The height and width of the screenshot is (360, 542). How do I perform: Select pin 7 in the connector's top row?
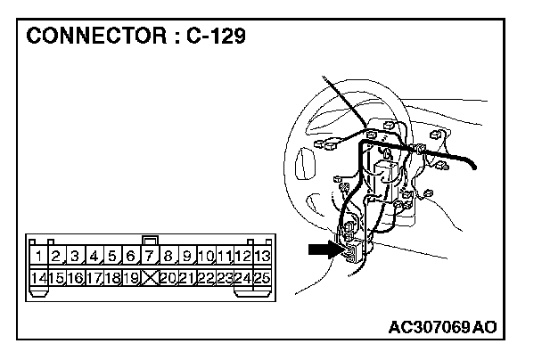click(150, 257)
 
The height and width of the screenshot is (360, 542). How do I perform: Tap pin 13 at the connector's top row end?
click(261, 257)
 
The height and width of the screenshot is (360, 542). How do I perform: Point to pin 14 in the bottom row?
click(38, 277)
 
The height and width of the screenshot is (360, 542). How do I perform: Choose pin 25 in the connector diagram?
click(261, 277)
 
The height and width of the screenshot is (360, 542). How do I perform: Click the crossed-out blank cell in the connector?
click(150, 277)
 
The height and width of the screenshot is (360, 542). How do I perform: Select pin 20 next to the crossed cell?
click(168, 277)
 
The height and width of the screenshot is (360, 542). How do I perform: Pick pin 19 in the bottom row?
click(131, 277)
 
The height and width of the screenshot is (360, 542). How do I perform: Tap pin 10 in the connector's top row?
click(205, 257)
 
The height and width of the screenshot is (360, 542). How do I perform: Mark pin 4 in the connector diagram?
click(94, 257)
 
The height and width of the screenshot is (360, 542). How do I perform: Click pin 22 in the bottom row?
click(205, 277)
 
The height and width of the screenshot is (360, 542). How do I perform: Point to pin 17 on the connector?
click(94, 277)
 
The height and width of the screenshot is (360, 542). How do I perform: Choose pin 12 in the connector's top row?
click(242, 257)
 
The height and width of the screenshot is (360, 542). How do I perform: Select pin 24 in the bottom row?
click(242, 277)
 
